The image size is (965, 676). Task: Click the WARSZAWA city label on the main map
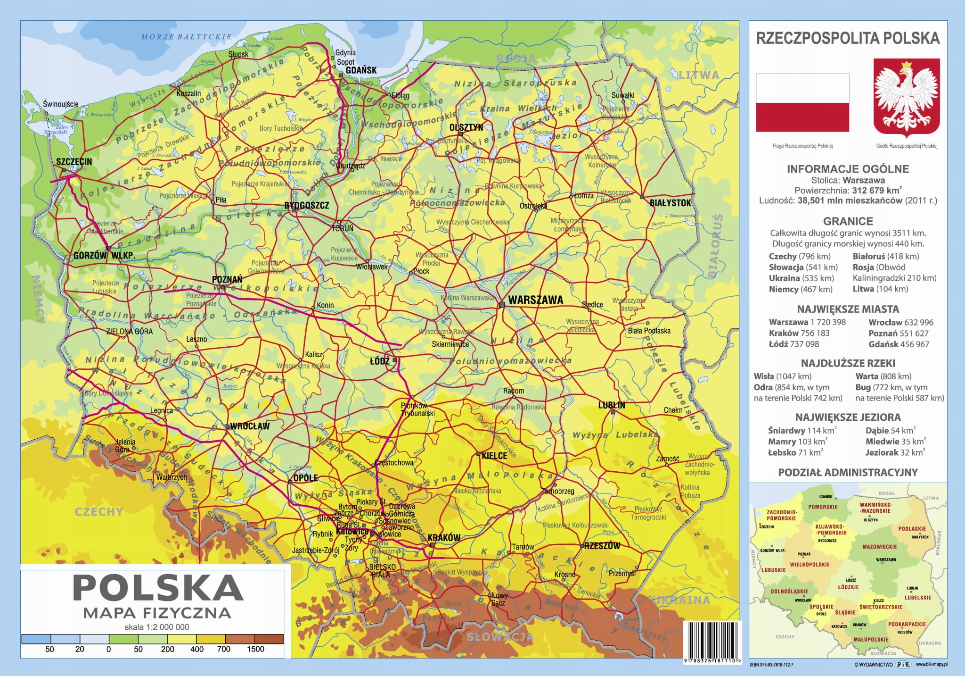pyautogui.click(x=535, y=300)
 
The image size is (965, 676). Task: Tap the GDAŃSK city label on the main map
pyautogui.click(x=361, y=70)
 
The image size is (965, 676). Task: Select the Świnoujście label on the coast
pyautogui.click(x=60, y=104)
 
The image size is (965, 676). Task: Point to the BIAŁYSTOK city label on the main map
pyautogui.click(x=670, y=203)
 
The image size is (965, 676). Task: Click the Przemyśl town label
pyautogui.click(x=622, y=573)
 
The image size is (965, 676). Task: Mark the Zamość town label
pyautogui.click(x=667, y=458)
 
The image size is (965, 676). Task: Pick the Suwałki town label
pyautogui.click(x=623, y=95)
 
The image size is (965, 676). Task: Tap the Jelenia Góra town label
pyautogui.click(x=125, y=446)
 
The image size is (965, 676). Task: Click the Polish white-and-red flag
pyautogui.click(x=802, y=102)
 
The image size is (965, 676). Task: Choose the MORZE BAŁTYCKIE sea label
pyautogui.click(x=187, y=36)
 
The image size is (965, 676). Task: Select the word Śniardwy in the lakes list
pyautogui.click(x=786, y=430)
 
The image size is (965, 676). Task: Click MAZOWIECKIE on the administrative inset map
pyautogui.click(x=879, y=547)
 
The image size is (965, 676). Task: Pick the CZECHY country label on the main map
pyautogui.click(x=98, y=512)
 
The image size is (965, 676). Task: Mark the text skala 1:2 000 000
pyautogui.click(x=156, y=627)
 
